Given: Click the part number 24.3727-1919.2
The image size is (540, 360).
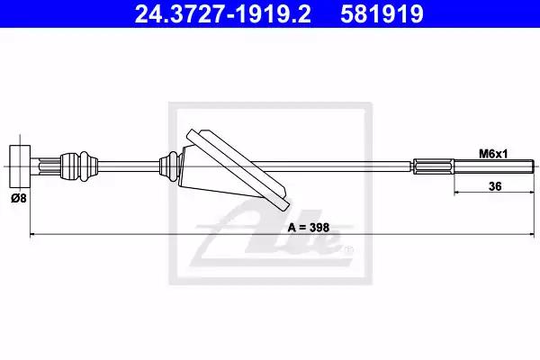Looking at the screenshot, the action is (x=222, y=13).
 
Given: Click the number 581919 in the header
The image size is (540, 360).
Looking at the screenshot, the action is (x=382, y=13).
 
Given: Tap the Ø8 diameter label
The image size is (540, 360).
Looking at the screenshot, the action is (x=19, y=198).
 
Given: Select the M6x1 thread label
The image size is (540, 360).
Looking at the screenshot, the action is (x=493, y=154).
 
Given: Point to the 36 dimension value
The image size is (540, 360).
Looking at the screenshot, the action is (x=495, y=186).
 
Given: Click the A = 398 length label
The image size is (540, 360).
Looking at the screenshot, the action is (x=308, y=228).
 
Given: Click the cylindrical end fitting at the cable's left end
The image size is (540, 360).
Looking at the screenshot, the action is (x=20, y=166).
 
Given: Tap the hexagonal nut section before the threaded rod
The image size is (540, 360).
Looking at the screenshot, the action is (x=433, y=166).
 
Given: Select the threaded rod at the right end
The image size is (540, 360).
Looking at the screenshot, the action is (x=494, y=166).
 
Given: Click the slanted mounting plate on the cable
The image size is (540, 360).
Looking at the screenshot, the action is (x=238, y=170).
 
